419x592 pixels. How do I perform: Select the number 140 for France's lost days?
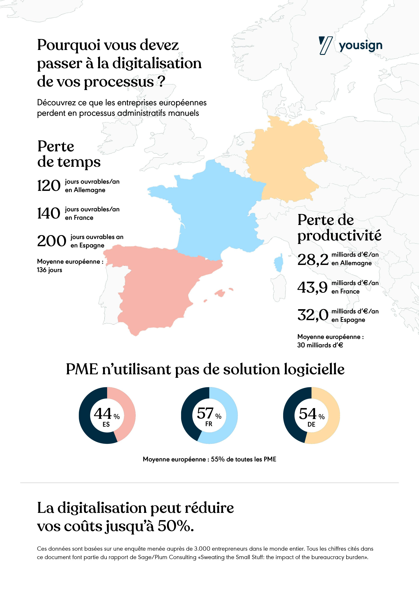pos(49,213)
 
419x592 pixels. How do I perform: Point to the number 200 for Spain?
pos(52,241)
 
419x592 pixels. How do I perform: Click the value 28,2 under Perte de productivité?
pos(313,260)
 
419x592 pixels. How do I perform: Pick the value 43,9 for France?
pos(312,288)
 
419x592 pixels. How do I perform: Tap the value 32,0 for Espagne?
pos(313,315)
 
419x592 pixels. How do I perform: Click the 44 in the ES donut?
pos(103,414)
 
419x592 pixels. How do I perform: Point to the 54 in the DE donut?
pos(308,414)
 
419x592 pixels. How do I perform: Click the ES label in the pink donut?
pos(106,424)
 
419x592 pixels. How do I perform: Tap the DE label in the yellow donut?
pos(311,424)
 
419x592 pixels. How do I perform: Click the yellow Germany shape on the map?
pos(284,160)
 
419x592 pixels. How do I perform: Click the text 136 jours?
pos(50,270)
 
